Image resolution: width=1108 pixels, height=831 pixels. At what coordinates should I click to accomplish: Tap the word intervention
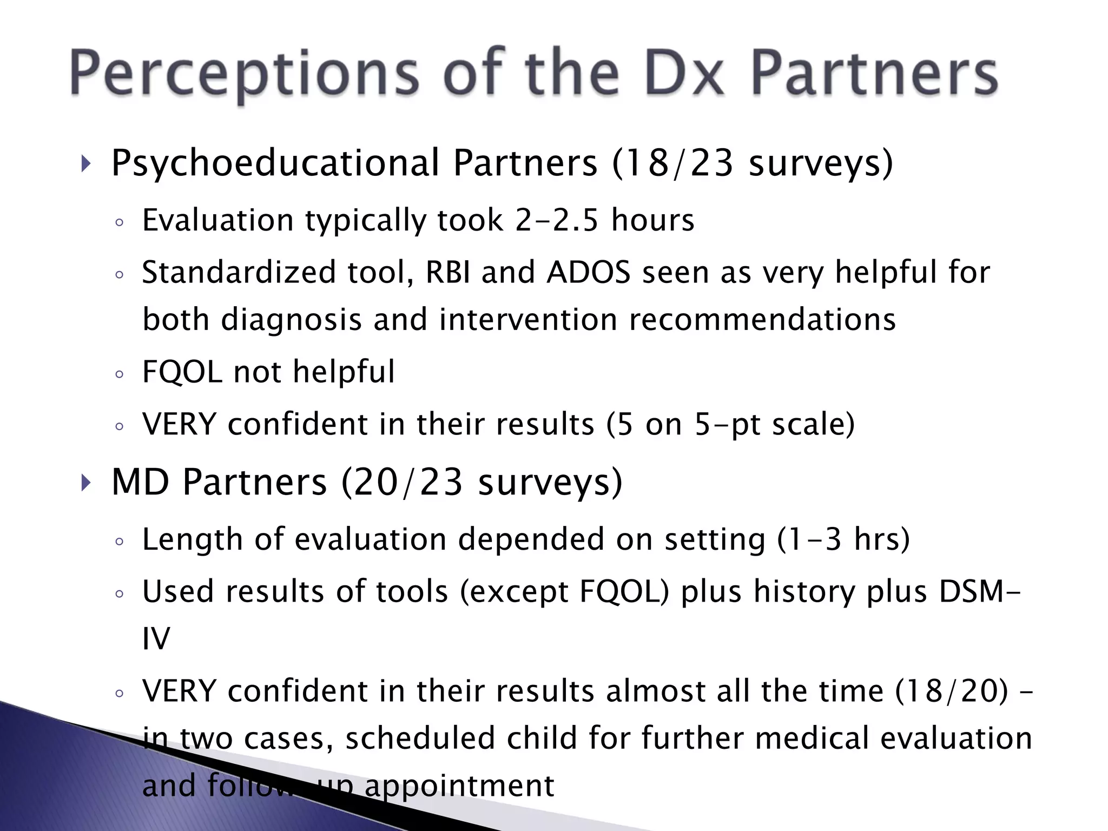point(528,319)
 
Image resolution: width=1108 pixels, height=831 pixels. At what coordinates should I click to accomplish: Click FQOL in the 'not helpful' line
point(182,372)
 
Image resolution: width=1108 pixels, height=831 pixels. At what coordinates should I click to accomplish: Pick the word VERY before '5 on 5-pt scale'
point(179,424)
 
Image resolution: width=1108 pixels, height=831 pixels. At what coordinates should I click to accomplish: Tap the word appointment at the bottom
point(459,786)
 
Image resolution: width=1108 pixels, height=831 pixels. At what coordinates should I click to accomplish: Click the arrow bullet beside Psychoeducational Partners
point(85,163)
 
